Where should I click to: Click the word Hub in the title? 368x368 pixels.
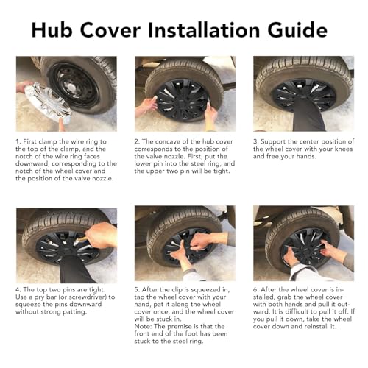click(x=52, y=30)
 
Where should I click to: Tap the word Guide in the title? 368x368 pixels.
click(x=297, y=30)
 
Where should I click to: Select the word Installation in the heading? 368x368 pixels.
click(x=204, y=30)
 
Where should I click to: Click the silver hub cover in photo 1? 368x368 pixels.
click(x=47, y=103)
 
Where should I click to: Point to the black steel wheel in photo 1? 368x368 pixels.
click(x=74, y=85)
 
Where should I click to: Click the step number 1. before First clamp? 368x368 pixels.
click(x=18, y=141)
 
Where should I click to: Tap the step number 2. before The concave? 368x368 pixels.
click(x=137, y=141)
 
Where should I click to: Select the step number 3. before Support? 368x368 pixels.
click(x=256, y=141)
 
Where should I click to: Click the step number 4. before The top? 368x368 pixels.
click(x=18, y=290)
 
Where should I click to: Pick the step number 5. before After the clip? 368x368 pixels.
click(x=137, y=290)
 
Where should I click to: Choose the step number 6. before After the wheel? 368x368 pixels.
click(x=256, y=290)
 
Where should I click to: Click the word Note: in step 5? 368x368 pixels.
click(x=143, y=327)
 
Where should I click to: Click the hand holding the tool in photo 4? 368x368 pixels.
click(x=101, y=236)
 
